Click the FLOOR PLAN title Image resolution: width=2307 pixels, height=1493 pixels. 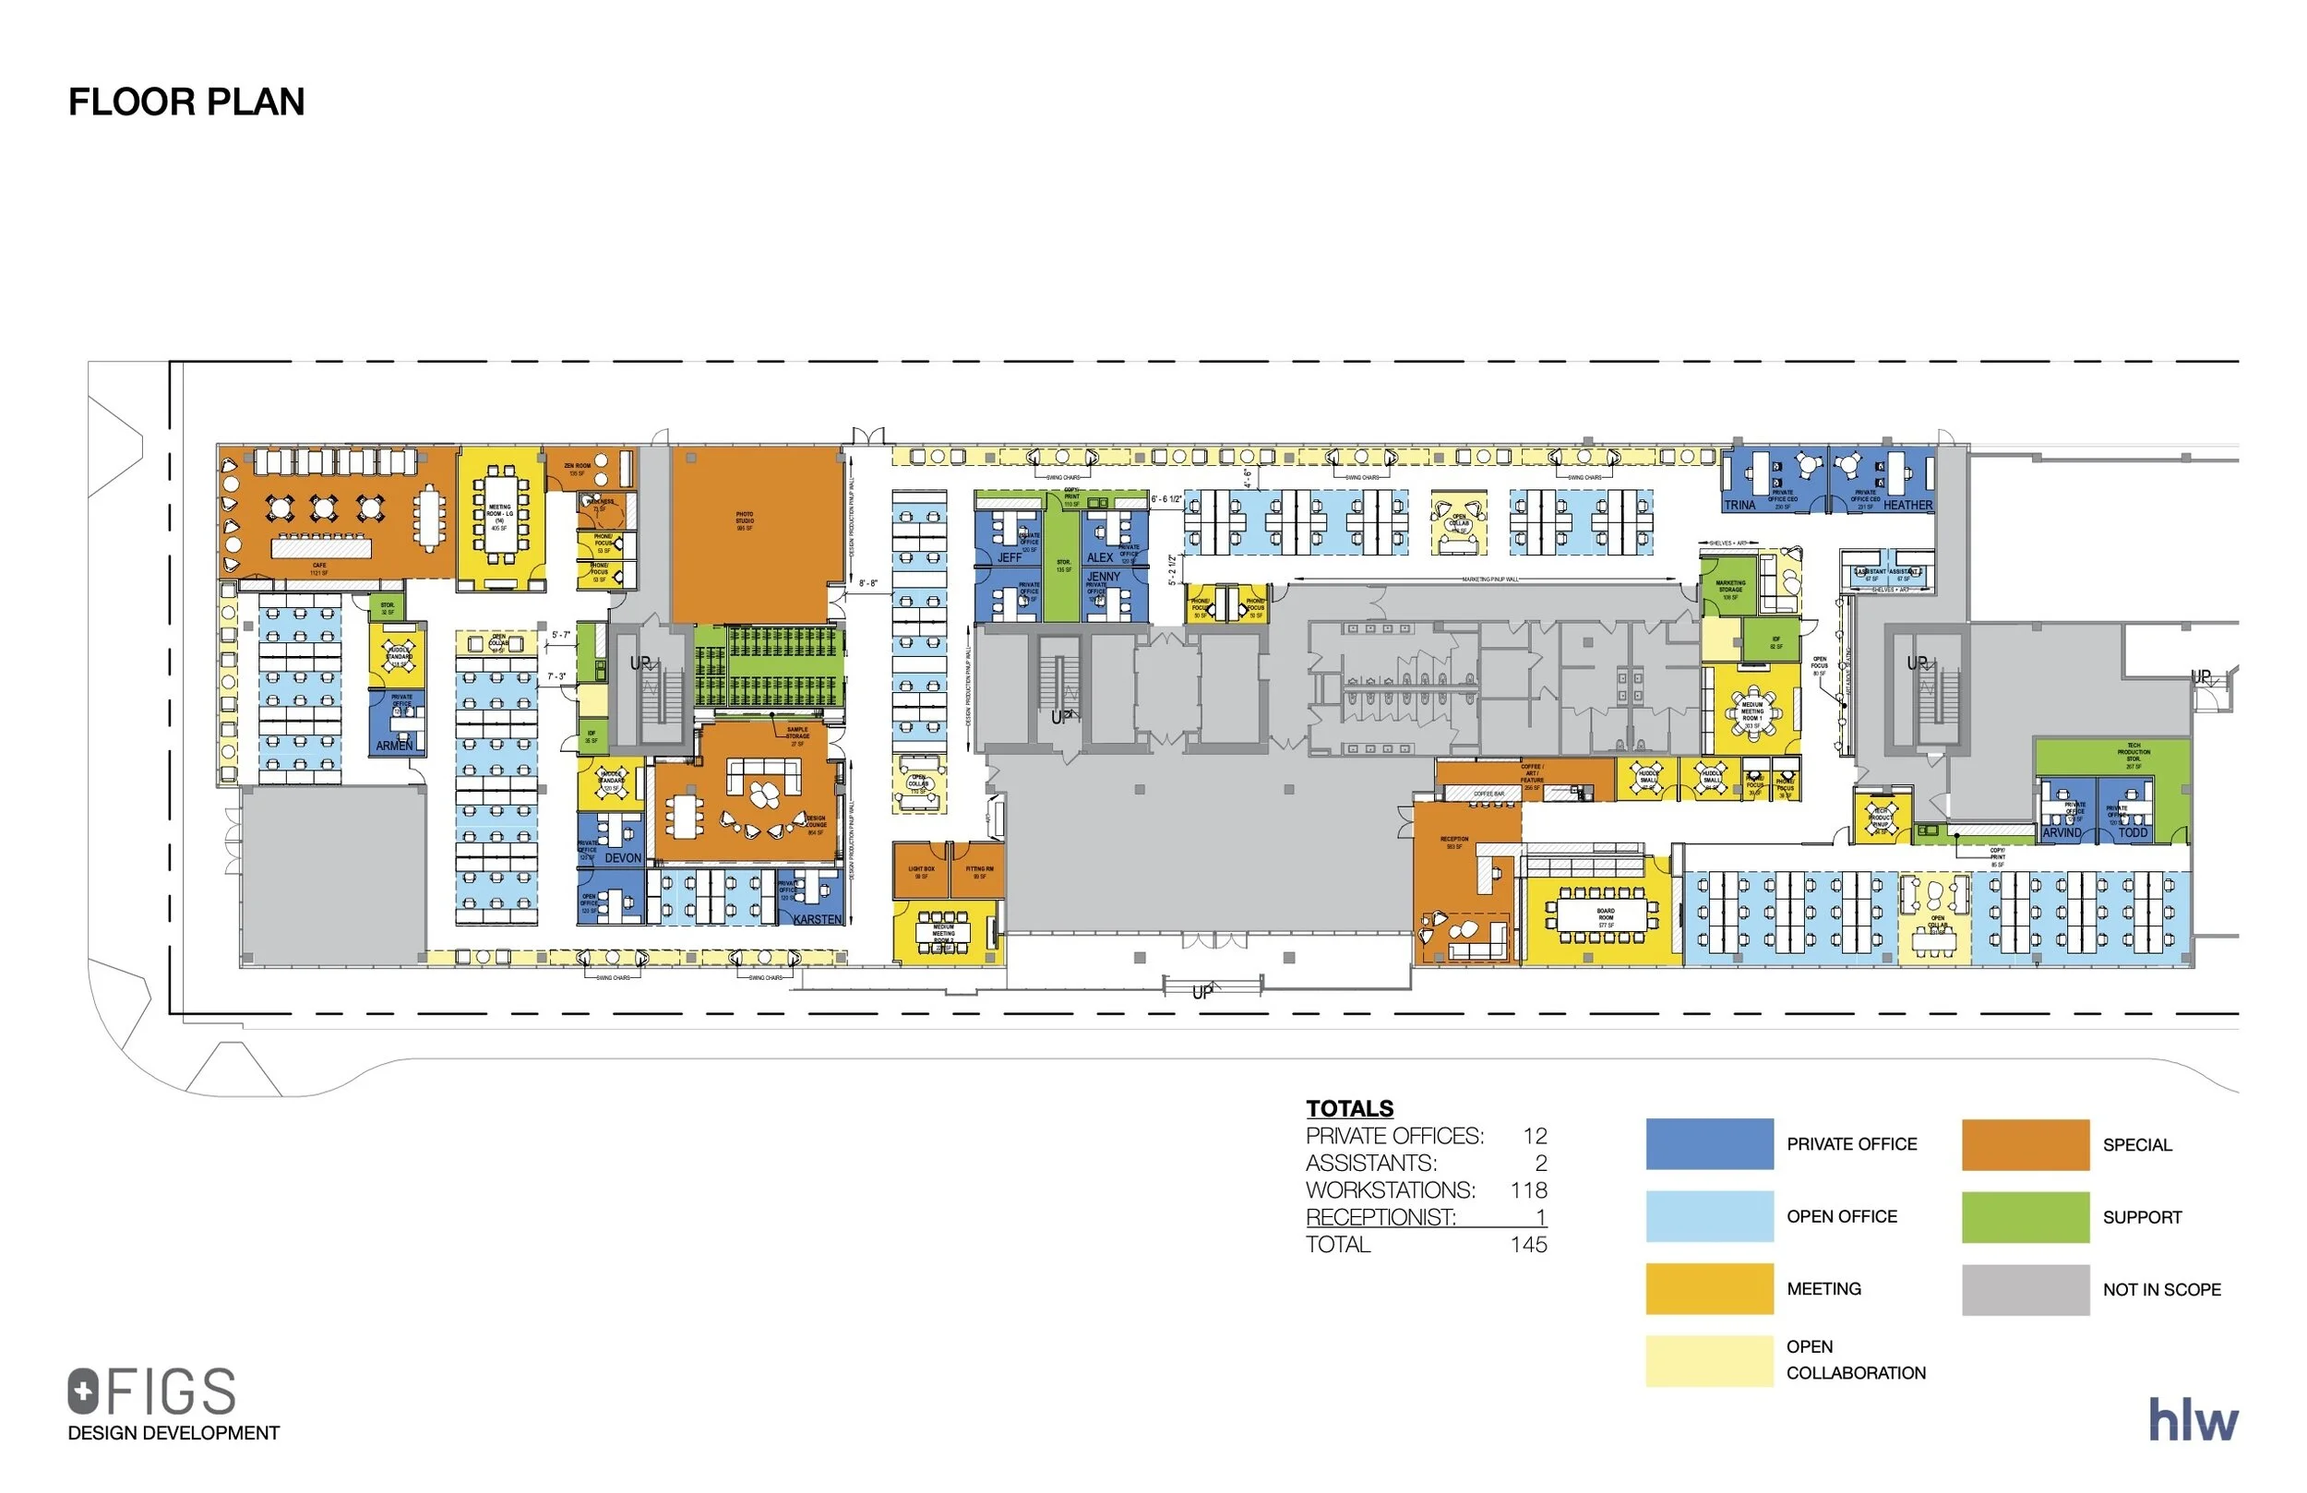point(186,102)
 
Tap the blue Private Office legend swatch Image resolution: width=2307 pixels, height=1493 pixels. point(1709,1144)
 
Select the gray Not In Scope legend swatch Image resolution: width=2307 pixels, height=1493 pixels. point(2025,1289)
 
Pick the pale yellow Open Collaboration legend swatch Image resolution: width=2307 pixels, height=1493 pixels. point(1709,1360)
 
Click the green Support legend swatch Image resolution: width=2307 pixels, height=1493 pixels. point(2025,1217)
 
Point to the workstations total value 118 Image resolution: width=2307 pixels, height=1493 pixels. point(1529,1189)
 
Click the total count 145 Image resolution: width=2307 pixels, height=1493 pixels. point(1529,1244)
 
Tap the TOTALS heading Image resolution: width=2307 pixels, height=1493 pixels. point(1349,1108)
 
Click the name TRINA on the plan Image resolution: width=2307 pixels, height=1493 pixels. point(1740,505)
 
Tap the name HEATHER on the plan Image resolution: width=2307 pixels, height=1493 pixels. point(1907,505)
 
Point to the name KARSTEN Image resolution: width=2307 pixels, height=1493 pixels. point(818,919)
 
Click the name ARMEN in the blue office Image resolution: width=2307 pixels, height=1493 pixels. point(393,746)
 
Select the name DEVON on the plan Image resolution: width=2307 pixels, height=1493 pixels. point(623,858)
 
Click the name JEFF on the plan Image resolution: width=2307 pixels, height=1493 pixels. point(1009,557)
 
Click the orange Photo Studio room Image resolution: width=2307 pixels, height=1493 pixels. point(757,533)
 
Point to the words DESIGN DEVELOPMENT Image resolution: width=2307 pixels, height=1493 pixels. point(173,1433)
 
